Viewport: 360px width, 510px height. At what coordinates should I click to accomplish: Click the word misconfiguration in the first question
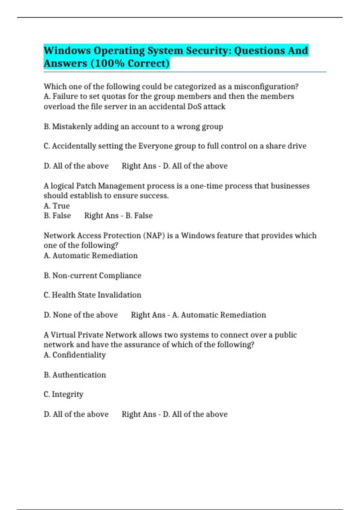click(266, 87)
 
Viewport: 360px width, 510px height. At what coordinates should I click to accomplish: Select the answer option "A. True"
click(57, 206)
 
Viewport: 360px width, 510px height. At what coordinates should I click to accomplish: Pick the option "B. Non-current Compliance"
click(92, 275)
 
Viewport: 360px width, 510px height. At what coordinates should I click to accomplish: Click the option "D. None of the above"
click(81, 315)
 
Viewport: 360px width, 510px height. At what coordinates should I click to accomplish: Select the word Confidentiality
click(79, 355)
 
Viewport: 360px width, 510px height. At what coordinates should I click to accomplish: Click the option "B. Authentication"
click(75, 375)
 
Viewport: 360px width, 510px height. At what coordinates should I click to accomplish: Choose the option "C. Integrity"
click(63, 394)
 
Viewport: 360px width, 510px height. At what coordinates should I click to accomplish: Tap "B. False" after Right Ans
click(139, 216)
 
